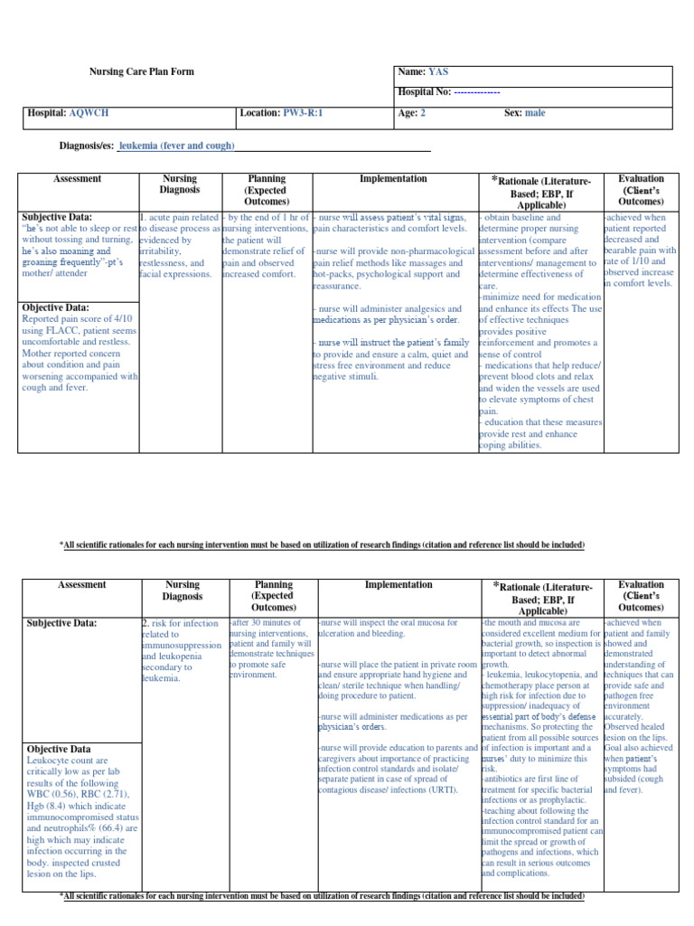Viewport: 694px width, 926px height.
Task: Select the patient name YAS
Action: click(x=437, y=71)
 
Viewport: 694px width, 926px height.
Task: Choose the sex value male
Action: click(x=536, y=113)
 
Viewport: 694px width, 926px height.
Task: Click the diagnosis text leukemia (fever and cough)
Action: click(x=177, y=146)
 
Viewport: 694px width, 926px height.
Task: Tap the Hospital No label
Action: click(x=423, y=92)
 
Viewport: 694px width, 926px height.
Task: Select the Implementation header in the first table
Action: click(x=393, y=179)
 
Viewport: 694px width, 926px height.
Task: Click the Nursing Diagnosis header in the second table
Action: click(x=181, y=591)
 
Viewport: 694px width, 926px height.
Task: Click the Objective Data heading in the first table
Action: click(x=58, y=307)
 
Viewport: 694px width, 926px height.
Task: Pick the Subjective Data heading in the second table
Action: click(x=61, y=623)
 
